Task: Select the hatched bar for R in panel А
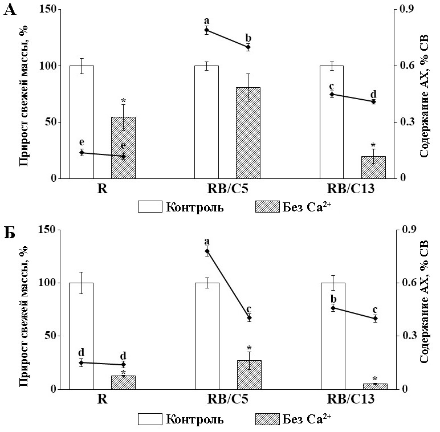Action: click(123, 148)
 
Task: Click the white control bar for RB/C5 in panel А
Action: click(206, 122)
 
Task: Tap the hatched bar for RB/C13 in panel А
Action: click(374, 167)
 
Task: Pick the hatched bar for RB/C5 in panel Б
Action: click(248, 374)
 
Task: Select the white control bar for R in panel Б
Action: click(81, 336)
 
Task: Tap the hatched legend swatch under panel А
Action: click(266, 207)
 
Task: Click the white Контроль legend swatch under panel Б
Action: click(149, 419)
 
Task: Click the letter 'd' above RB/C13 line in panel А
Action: click(373, 94)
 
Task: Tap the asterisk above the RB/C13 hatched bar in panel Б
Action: click(374, 378)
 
